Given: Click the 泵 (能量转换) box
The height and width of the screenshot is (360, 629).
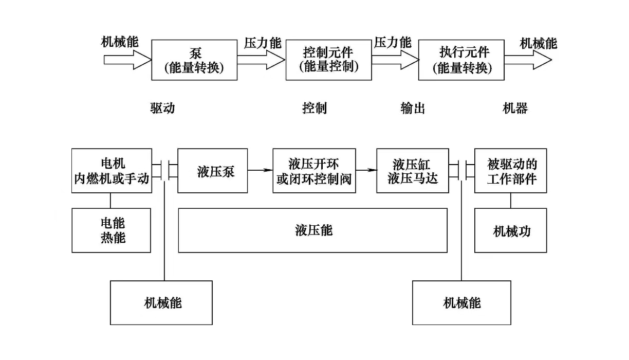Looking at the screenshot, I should click(x=194, y=60).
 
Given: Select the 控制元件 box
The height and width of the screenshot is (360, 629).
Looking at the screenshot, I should click(x=328, y=60).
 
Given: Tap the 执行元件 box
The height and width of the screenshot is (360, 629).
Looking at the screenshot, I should click(x=461, y=60).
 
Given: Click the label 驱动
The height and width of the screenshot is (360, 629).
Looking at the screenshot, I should click(x=162, y=108).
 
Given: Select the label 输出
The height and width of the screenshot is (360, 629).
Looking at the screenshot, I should click(x=413, y=108).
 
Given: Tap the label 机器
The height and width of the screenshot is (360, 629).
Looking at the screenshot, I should click(x=515, y=108).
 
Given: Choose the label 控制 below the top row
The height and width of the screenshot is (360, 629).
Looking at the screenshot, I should click(x=314, y=108).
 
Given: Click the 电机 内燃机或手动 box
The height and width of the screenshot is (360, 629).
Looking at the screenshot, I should click(x=112, y=171).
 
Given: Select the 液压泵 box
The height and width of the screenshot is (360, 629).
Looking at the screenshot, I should click(x=212, y=171).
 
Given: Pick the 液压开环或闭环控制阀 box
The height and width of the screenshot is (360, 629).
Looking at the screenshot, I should click(x=314, y=171).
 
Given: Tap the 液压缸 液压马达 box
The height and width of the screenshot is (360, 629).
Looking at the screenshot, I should click(x=412, y=171).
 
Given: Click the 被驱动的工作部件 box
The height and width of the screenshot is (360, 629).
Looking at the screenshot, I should click(x=510, y=171).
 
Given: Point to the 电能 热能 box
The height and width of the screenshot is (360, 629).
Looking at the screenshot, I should click(x=112, y=230).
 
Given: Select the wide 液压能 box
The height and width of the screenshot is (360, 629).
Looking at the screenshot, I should click(x=312, y=230).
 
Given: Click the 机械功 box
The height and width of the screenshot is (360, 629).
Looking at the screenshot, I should click(x=510, y=230).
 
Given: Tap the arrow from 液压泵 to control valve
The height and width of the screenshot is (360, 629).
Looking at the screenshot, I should click(x=260, y=169).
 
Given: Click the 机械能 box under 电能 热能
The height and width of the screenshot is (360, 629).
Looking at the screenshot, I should click(x=161, y=302).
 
